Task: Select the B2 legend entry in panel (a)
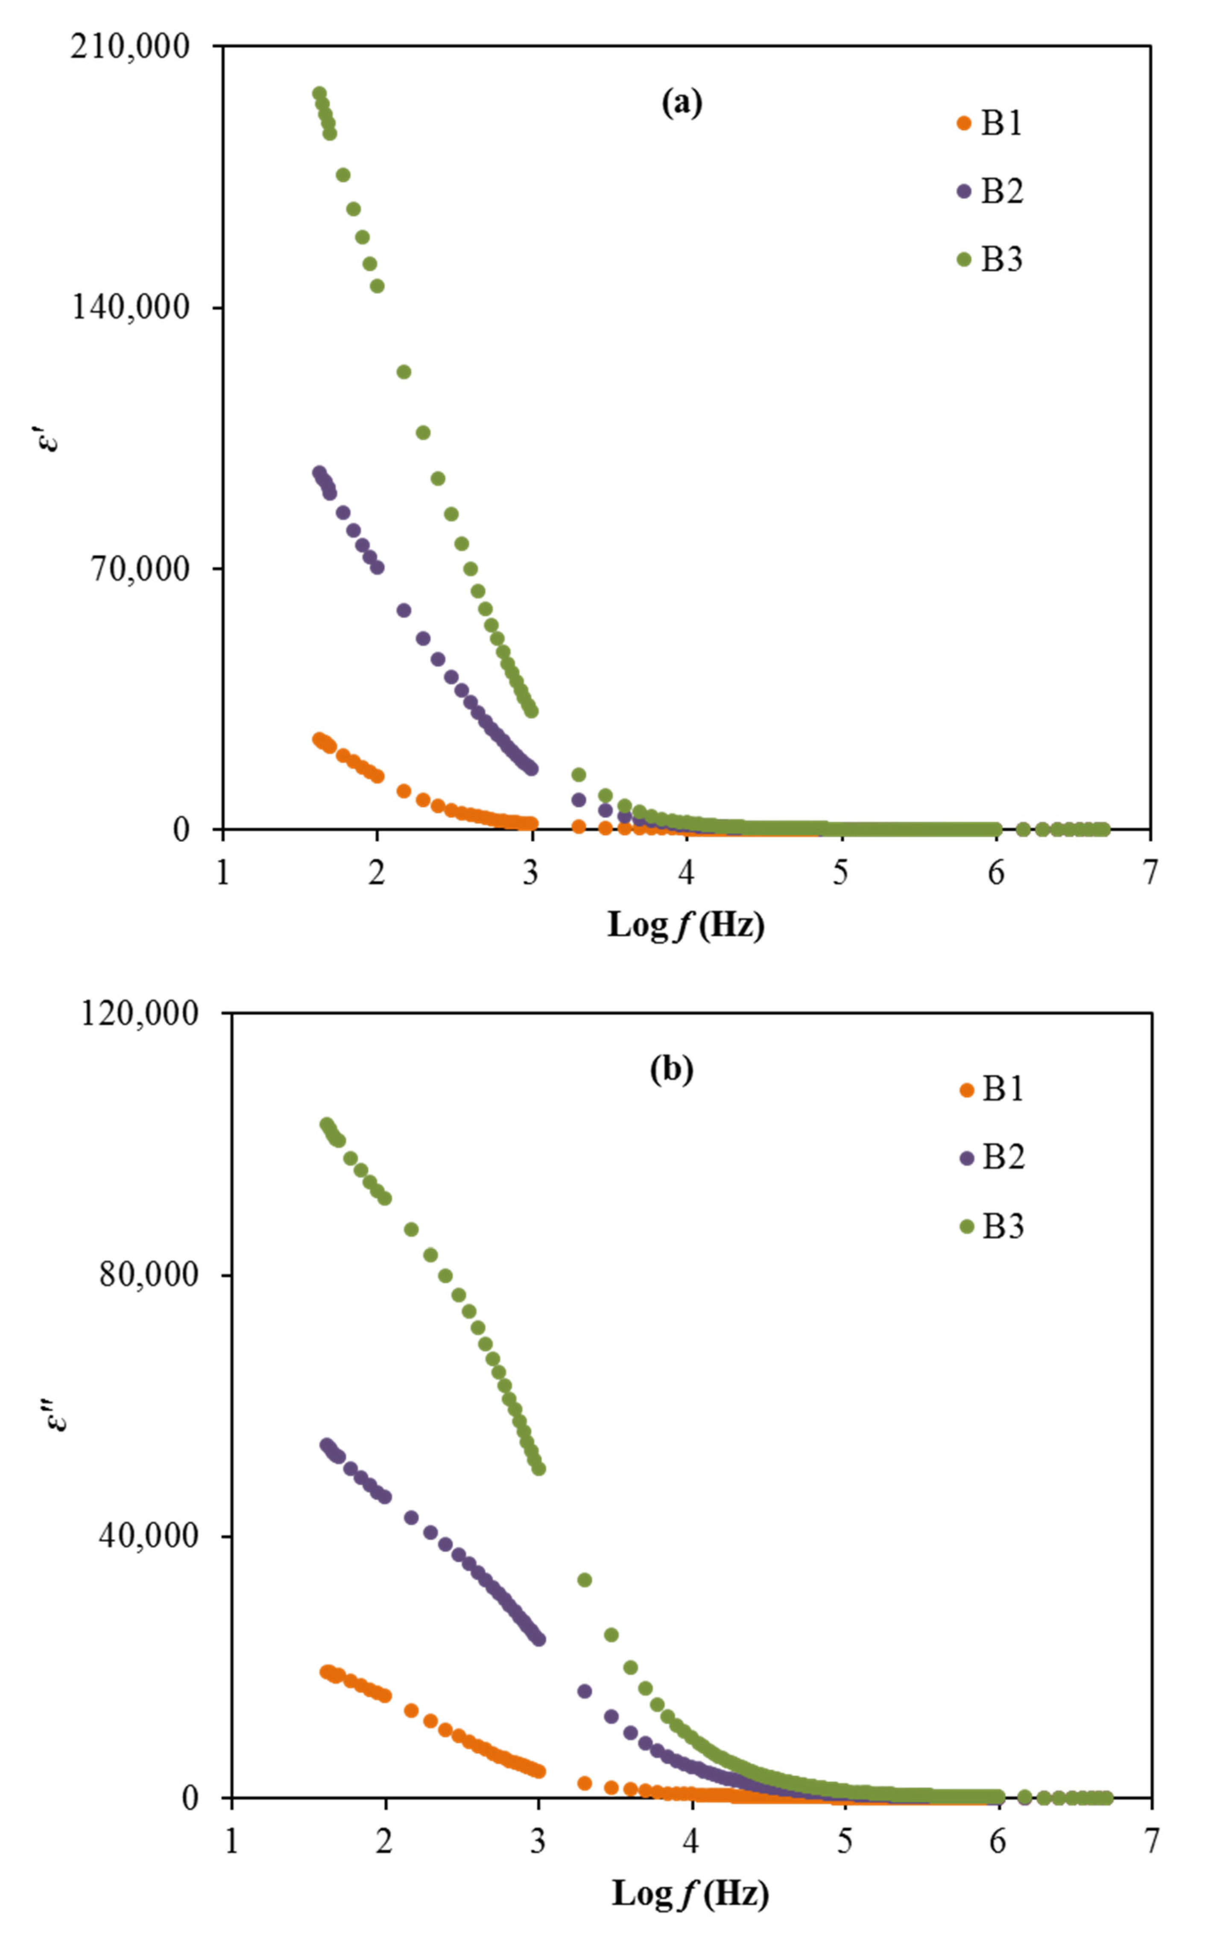click(x=990, y=191)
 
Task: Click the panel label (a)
click(x=681, y=103)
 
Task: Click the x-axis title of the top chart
click(x=685, y=925)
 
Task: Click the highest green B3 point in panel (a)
click(x=319, y=93)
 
